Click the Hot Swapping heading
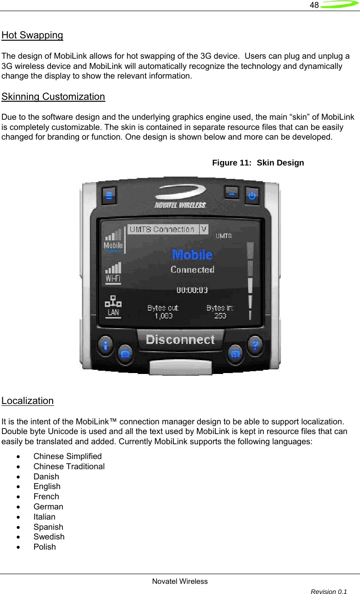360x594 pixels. tap(32, 35)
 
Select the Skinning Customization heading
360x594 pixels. tap(53, 97)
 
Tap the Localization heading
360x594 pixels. tap(28, 401)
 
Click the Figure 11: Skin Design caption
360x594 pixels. tap(258, 163)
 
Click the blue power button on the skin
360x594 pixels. tap(252, 196)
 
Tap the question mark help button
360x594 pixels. tap(256, 344)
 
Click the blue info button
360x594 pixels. tap(106, 344)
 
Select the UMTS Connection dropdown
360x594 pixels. tap(167, 229)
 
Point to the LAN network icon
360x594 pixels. tap(113, 305)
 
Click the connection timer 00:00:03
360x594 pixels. tap(192, 290)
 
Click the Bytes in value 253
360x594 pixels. tap(220, 316)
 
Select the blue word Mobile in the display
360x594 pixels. tap(192, 255)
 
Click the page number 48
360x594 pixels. tap(314, 6)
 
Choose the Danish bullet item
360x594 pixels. tap(46, 477)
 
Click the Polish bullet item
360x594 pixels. tap(44, 547)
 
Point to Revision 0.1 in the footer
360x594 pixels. tap(329, 591)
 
